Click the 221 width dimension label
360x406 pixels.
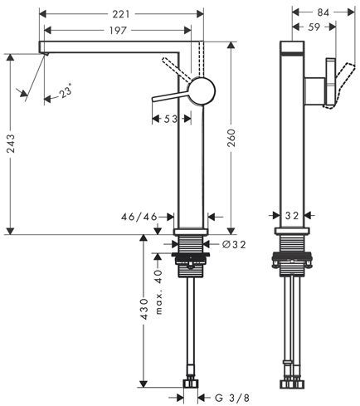tap(121, 13)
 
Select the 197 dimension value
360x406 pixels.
tap(118, 30)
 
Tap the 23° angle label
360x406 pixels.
tap(66, 90)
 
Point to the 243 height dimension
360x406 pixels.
tap(11, 144)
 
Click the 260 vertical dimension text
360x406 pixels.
tap(231, 138)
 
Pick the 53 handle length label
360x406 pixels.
tap(171, 119)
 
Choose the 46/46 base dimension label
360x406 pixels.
tap(139, 217)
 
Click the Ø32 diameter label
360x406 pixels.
tap(234, 244)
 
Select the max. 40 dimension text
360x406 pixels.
tap(158, 292)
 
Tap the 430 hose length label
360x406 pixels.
tap(144, 309)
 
